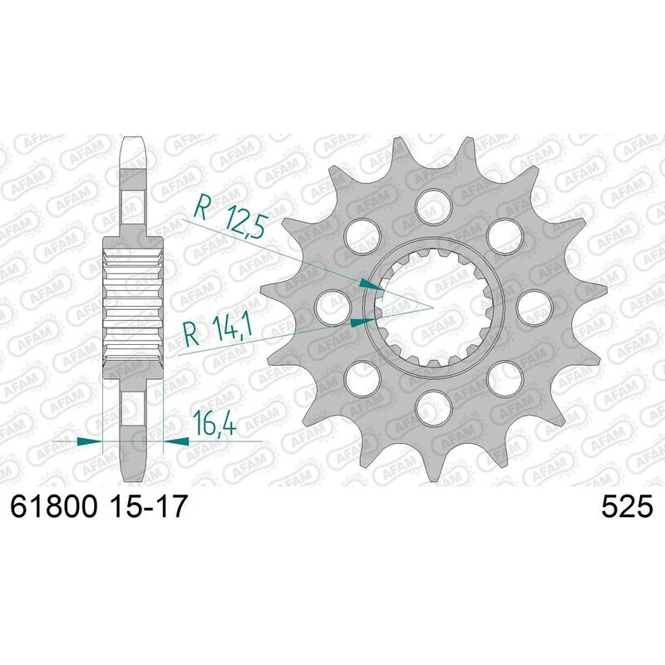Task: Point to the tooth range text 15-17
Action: (145, 505)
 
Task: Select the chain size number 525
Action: (628, 505)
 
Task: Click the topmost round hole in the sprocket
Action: (431, 202)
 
